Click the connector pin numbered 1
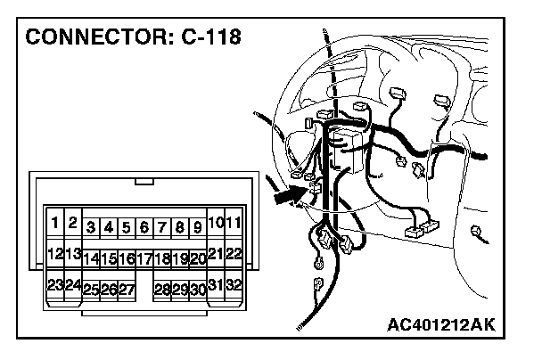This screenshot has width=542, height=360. (55, 222)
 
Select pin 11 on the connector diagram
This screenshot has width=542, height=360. (234, 222)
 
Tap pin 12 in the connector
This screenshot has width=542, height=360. (55, 254)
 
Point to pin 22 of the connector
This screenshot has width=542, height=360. (234, 254)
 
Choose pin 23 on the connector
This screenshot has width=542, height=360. (55, 285)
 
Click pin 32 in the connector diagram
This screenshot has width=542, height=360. (234, 285)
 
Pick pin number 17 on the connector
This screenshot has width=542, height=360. (144, 258)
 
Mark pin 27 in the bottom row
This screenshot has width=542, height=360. (126, 289)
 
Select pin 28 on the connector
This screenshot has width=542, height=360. (162, 289)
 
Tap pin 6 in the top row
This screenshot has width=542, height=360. (144, 227)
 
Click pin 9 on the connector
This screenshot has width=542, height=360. (197, 227)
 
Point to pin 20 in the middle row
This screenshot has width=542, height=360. (198, 258)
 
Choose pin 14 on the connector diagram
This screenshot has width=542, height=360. (91, 258)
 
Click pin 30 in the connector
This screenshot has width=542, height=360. (198, 289)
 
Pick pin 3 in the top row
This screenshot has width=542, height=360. (91, 227)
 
